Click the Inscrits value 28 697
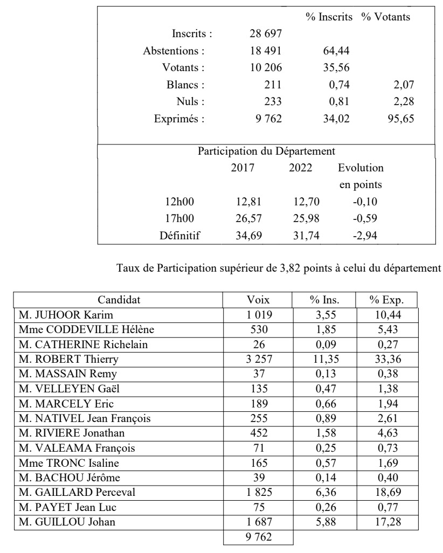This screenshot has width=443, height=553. [264, 34]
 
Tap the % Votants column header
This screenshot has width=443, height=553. [385, 17]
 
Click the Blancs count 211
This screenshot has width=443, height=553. [272, 85]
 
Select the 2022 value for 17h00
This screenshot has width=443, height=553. [300, 219]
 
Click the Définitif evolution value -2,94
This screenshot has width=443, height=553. [361, 236]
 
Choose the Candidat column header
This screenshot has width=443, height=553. [119, 300]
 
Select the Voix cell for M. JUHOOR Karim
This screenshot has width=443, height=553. [258, 315]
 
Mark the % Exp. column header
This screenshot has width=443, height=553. [386, 300]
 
